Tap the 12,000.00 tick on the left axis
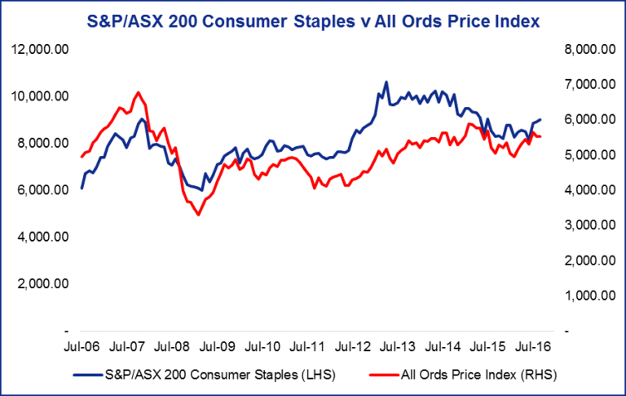(41, 49)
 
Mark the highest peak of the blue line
(386, 82)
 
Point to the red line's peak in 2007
(139, 92)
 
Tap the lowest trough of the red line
(198, 215)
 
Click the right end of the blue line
(541, 119)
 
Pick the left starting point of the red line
(81, 157)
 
